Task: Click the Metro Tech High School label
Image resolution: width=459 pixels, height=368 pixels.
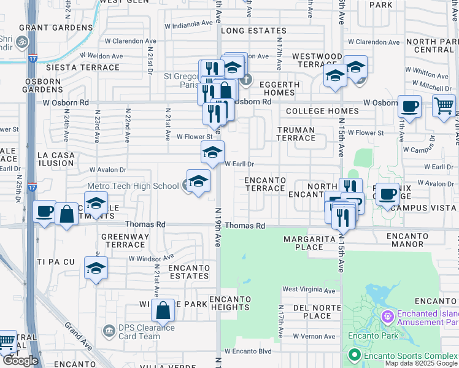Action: point(133,186)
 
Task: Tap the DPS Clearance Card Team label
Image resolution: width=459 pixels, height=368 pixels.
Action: point(140,332)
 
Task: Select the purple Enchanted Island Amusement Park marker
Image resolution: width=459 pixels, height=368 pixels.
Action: point(387,317)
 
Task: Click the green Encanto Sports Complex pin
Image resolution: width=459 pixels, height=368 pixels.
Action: point(354,355)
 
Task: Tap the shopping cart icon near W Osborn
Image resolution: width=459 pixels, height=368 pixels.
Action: point(444,105)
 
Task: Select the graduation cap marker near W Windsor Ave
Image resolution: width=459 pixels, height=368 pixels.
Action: point(96,268)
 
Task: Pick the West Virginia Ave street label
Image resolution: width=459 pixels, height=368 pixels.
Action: point(309,289)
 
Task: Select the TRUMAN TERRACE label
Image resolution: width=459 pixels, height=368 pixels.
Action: point(296,134)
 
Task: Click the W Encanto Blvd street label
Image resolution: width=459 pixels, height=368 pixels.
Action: point(247,351)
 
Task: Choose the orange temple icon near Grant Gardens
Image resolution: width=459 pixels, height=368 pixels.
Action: point(21,42)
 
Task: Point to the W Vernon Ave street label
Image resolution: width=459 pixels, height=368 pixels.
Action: point(314,336)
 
